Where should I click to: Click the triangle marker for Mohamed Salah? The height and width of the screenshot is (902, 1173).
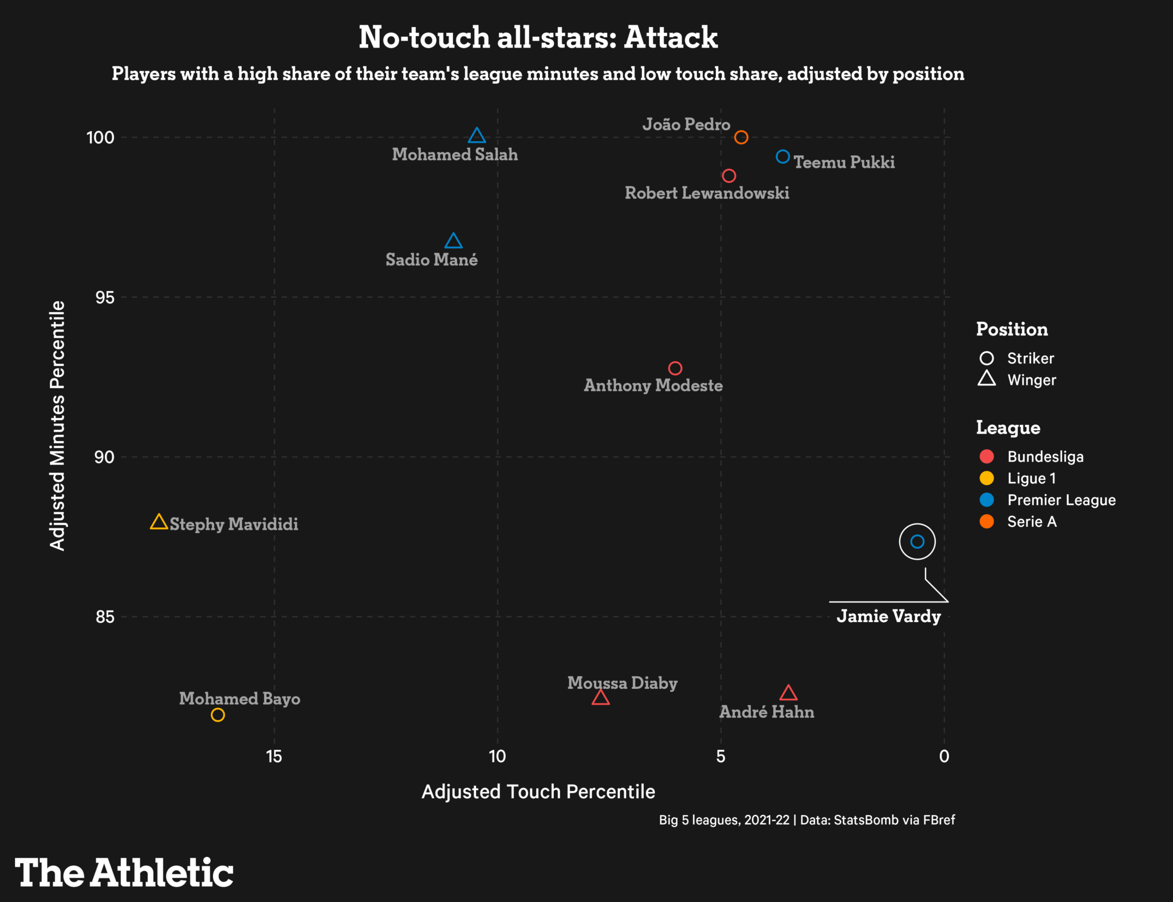pyautogui.click(x=477, y=136)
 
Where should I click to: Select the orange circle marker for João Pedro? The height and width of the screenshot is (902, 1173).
pyautogui.click(x=741, y=137)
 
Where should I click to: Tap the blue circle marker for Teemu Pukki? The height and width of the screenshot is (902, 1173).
pyautogui.click(x=783, y=156)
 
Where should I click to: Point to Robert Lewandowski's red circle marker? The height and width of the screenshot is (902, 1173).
pyautogui.click(x=729, y=176)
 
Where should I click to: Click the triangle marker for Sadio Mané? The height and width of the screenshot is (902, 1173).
pyautogui.click(x=453, y=241)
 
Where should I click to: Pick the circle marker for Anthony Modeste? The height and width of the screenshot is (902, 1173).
pyautogui.click(x=675, y=368)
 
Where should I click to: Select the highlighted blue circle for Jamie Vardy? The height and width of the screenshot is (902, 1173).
pyautogui.click(x=917, y=541)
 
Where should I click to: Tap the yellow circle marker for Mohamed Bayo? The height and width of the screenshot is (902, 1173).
pyautogui.click(x=218, y=715)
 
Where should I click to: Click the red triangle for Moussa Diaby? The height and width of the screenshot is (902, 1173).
pyautogui.click(x=600, y=698)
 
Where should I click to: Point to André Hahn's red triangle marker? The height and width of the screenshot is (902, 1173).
pyautogui.click(x=788, y=694)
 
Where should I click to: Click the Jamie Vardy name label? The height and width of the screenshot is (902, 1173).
pyautogui.click(x=888, y=616)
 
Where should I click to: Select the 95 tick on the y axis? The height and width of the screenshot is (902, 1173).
pyautogui.click(x=105, y=298)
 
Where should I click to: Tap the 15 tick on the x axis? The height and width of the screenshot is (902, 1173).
pyautogui.click(x=274, y=757)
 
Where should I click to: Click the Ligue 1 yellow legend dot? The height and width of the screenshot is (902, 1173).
pyautogui.click(x=986, y=478)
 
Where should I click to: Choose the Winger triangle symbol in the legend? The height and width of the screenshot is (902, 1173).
pyautogui.click(x=986, y=379)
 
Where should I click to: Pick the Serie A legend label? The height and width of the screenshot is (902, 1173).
pyautogui.click(x=1032, y=522)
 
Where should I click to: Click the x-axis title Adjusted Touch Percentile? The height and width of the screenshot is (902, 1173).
pyautogui.click(x=538, y=791)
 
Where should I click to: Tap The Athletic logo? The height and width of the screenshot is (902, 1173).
pyautogui.click(x=124, y=873)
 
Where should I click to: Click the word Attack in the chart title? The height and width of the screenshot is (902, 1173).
pyautogui.click(x=670, y=38)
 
